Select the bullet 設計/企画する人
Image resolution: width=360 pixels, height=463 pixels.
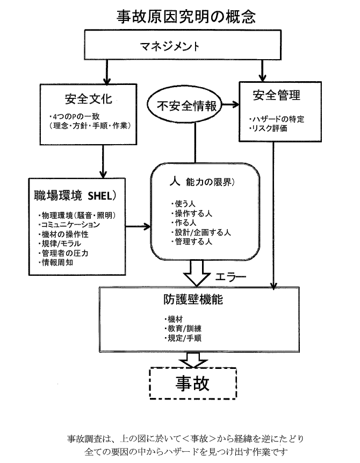click(x=199, y=233)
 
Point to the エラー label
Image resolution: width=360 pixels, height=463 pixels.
click(x=230, y=277)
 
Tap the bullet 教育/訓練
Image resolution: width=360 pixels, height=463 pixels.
click(x=184, y=328)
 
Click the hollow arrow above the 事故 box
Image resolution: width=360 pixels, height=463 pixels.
click(x=192, y=359)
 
